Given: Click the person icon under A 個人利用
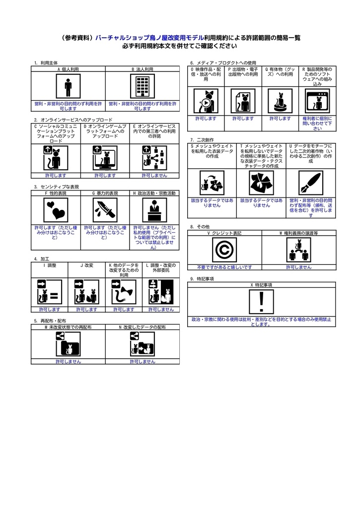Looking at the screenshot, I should point(68,87).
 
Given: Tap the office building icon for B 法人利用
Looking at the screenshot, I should point(143,87).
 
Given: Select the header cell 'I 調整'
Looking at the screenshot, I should point(50,265).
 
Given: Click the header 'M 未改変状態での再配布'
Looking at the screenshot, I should point(68,327).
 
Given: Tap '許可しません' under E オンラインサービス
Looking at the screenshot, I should point(154,175).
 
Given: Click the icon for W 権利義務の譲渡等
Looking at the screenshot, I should point(298,250).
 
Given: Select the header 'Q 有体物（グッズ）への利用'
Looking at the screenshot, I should point(280,74).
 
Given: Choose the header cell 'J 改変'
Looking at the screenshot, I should point(87,265).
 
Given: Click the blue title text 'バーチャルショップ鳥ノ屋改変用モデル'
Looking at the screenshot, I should point(148,38).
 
